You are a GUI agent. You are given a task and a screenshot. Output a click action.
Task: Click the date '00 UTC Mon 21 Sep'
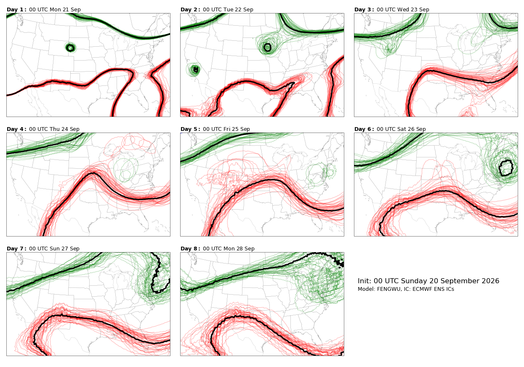point(55,10)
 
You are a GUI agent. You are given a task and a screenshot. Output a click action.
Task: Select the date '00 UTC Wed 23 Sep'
point(403,10)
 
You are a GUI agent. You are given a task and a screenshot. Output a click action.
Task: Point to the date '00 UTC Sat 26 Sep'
point(401,129)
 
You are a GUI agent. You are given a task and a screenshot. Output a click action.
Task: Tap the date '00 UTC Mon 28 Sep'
point(229,249)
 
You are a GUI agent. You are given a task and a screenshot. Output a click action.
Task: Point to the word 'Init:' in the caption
point(364,281)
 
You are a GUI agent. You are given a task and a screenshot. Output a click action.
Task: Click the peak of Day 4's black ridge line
point(93,173)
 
